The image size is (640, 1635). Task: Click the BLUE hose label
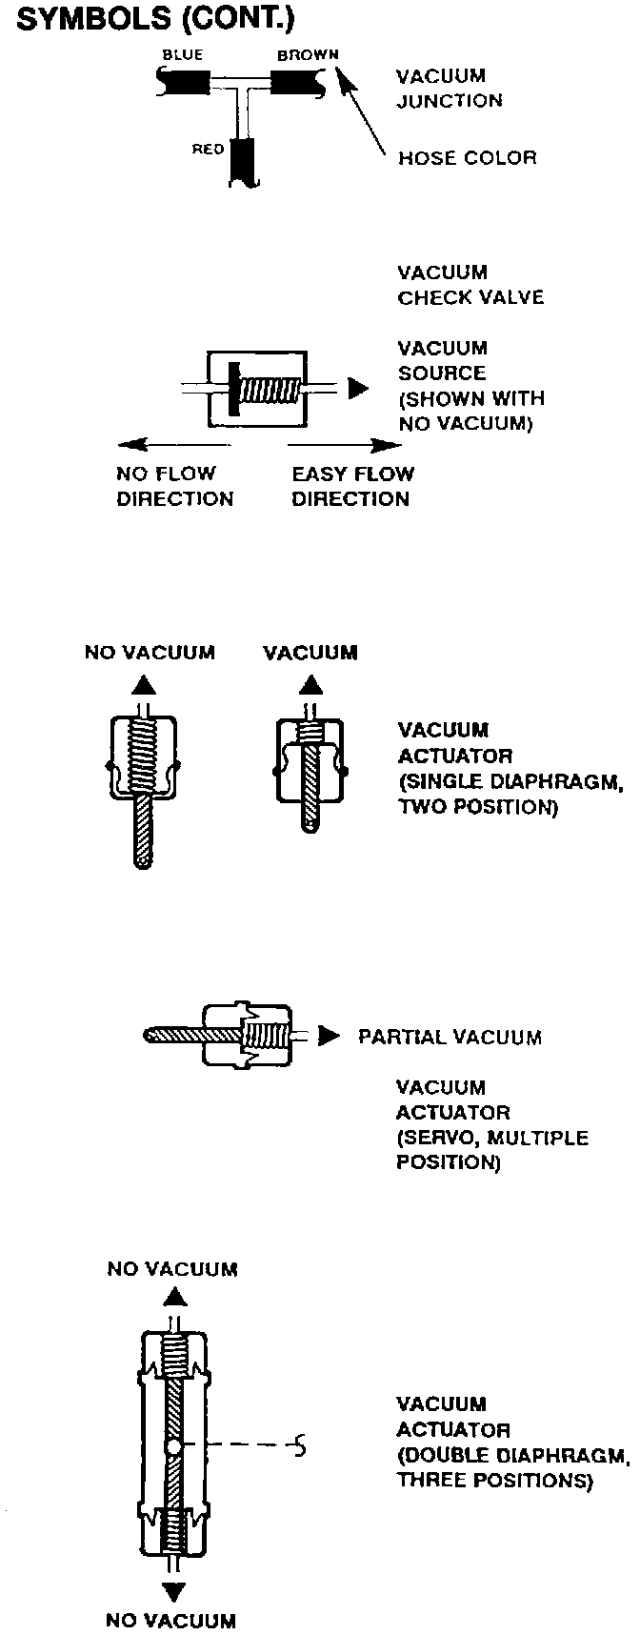pyautogui.click(x=182, y=55)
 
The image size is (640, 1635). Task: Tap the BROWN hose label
pyautogui.click(x=308, y=55)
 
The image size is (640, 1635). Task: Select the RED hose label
pyautogui.click(x=208, y=150)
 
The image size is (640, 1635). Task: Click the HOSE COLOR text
pyautogui.click(x=467, y=157)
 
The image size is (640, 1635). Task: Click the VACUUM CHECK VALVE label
pyautogui.click(x=470, y=285)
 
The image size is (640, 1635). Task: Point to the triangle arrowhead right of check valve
pyautogui.click(x=357, y=389)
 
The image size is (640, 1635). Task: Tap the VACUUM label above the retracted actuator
pyautogui.click(x=310, y=653)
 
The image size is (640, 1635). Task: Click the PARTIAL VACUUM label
pyautogui.click(x=450, y=1037)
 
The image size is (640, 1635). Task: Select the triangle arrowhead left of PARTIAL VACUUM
pyautogui.click(x=329, y=1036)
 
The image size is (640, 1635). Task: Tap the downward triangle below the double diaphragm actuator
pyautogui.click(x=173, y=1592)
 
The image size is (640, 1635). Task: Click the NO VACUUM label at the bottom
pyautogui.click(x=171, y=1620)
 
